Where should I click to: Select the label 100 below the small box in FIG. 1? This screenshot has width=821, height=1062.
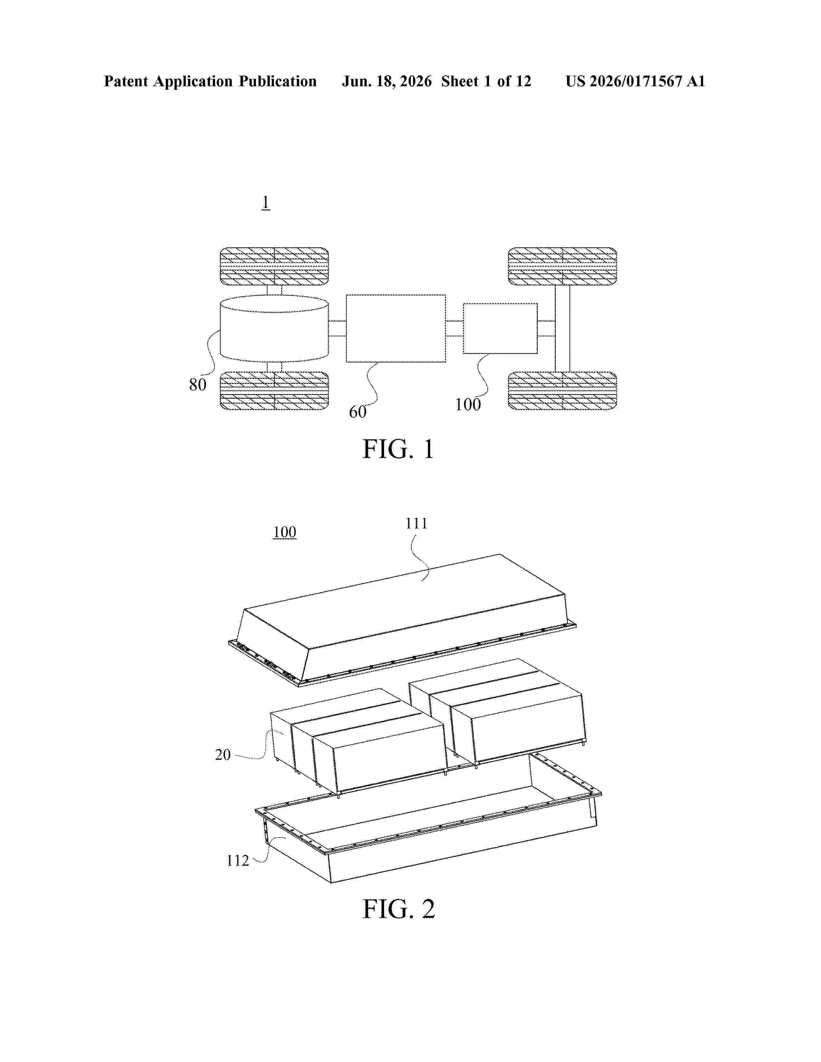(467, 404)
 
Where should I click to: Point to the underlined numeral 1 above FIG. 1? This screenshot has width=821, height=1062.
(266, 202)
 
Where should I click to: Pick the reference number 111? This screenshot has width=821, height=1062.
(416, 523)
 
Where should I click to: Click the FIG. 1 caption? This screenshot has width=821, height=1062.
(398, 449)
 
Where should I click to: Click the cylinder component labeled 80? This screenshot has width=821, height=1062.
(274, 329)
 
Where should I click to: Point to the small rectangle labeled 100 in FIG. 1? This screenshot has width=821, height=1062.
(500, 328)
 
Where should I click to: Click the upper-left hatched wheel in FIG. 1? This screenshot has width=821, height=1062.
(274, 266)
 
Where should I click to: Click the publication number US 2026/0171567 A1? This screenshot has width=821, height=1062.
(635, 81)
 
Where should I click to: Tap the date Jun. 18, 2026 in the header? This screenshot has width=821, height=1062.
(387, 81)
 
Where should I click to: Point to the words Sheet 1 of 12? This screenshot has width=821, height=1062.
(486, 81)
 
